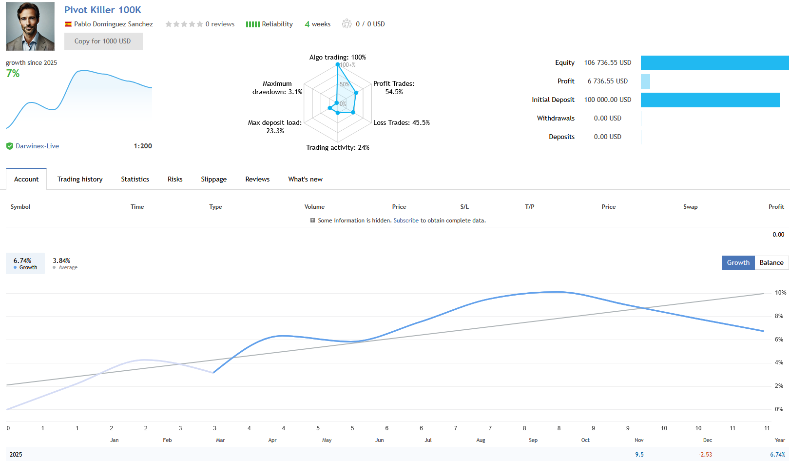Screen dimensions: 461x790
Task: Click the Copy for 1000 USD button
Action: pyautogui.click(x=103, y=41)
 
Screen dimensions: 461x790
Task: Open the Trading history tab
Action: pyautogui.click(x=80, y=180)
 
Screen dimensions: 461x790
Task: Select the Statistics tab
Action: pyautogui.click(x=135, y=180)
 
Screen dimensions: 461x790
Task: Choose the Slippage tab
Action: pyautogui.click(x=213, y=180)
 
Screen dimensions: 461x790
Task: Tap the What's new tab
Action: pyautogui.click(x=305, y=180)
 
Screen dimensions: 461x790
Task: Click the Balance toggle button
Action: pyautogui.click(x=771, y=263)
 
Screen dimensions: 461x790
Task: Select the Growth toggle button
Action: pyautogui.click(x=738, y=263)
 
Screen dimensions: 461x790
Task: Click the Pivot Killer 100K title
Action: pyautogui.click(x=103, y=10)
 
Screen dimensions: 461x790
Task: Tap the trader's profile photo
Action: pyautogui.click(x=30, y=26)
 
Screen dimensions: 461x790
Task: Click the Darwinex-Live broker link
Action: pyautogui.click(x=37, y=146)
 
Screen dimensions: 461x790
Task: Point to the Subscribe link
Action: pyautogui.click(x=406, y=221)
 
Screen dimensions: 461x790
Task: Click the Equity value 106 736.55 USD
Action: pyautogui.click(x=607, y=63)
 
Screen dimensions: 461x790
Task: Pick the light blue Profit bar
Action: pyautogui.click(x=645, y=81)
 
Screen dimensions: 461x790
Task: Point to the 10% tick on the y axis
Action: pyautogui.click(x=780, y=293)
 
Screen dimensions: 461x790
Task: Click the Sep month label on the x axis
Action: pyautogui.click(x=533, y=441)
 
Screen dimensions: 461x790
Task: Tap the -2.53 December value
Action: pyautogui.click(x=705, y=455)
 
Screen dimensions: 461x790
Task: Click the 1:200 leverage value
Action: pyautogui.click(x=143, y=146)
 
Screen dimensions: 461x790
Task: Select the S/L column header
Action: pyautogui.click(x=464, y=207)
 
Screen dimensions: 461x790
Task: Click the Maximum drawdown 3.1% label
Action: pyautogui.click(x=277, y=88)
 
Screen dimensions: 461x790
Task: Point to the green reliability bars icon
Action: pyautogui.click(x=252, y=24)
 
